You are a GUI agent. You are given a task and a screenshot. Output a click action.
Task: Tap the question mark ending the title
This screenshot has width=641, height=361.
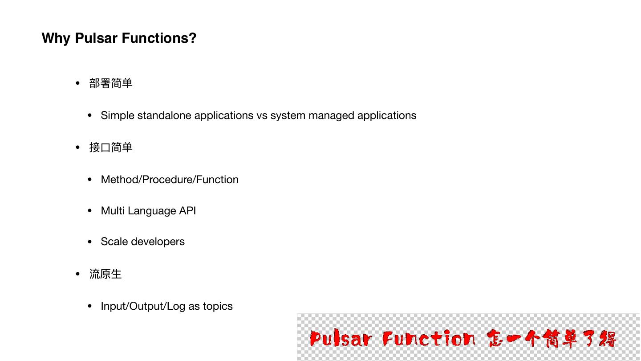(192, 38)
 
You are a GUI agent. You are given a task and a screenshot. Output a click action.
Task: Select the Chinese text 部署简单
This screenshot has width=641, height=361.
(111, 83)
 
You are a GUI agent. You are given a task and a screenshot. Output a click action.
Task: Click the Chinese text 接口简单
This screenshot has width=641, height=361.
(111, 148)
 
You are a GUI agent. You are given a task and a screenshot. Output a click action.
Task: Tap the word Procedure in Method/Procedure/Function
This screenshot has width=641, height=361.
(167, 180)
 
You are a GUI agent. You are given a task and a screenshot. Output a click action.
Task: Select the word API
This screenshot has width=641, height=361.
(187, 210)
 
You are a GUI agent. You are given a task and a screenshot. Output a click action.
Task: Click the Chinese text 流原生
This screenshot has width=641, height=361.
(105, 274)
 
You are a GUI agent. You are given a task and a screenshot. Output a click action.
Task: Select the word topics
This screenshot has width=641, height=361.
(217, 307)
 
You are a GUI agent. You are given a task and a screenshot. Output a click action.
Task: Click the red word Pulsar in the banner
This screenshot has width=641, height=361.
(341, 339)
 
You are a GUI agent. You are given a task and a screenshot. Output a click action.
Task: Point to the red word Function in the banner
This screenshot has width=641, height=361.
(429, 339)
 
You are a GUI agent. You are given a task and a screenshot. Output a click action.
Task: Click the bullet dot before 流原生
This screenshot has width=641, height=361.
(78, 274)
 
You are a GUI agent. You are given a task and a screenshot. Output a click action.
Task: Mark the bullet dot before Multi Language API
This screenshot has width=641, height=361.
(90, 211)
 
